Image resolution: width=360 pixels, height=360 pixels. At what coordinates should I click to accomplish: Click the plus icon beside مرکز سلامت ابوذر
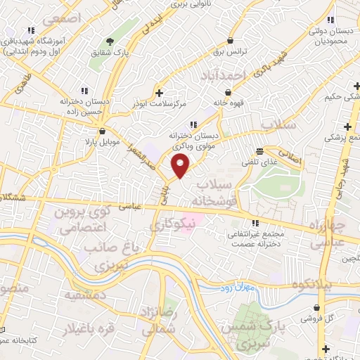(x=160, y=93)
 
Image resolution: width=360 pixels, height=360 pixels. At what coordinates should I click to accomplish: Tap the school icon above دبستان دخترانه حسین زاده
(x=84, y=91)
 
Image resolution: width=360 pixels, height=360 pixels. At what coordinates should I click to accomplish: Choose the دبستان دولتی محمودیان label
(x=330, y=37)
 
